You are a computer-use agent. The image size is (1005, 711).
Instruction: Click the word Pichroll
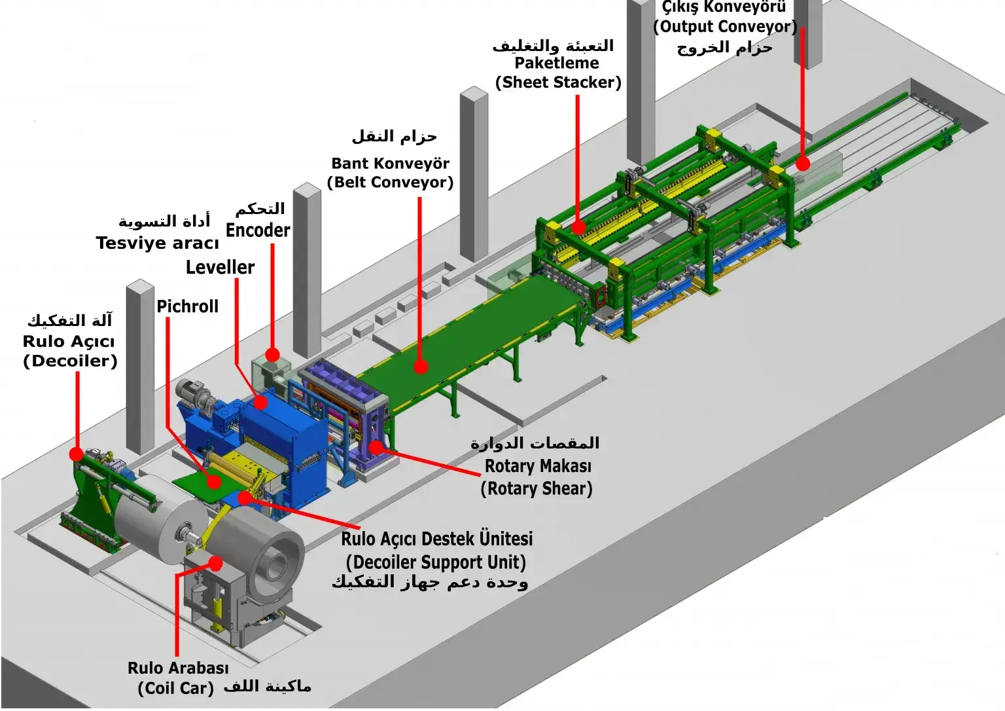click(x=187, y=306)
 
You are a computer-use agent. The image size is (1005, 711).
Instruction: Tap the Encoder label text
click(x=258, y=230)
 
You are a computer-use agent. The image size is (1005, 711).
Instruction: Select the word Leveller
click(x=220, y=267)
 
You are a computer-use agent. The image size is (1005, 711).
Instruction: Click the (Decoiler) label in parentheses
click(x=70, y=361)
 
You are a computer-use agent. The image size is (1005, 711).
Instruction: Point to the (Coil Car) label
click(x=175, y=688)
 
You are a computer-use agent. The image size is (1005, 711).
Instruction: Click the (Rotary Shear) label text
click(x=537, y=489)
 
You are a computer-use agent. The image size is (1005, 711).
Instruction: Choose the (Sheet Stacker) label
click(x=558, y=82)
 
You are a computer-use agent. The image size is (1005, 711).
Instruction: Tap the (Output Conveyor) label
click(x=725, y=27)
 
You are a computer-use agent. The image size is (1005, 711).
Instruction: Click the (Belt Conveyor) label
click(x=391, y=182)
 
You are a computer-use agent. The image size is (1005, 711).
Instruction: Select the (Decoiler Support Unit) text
click(x=436, y=562)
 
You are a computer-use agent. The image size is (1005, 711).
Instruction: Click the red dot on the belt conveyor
click(x=421, y=367)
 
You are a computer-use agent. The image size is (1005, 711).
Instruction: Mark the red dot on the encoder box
click(x=272, y=355)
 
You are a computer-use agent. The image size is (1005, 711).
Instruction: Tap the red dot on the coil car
click(x=215, y=562)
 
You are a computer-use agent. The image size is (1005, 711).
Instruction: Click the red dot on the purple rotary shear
click(x=376, y=447)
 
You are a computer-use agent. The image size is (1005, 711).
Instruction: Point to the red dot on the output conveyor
click(x=803, y=164)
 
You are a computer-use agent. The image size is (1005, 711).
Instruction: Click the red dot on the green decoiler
click(x=77, y=454)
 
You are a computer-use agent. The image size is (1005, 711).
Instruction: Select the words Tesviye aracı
click(x=157, y=243)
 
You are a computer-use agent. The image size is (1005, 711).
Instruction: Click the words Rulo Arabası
click(x=178, y=668)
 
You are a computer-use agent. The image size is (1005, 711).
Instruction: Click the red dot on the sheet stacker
click(x=578, y=227)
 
